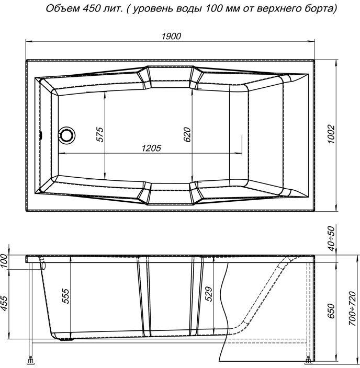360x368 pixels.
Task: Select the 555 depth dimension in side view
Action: pyautogui.click(x=64, y=296)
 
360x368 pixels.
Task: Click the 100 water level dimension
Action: pyautogui.click(x=6, y=260)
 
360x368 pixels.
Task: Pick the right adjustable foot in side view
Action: pyautogui.click(x=307, y=361)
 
